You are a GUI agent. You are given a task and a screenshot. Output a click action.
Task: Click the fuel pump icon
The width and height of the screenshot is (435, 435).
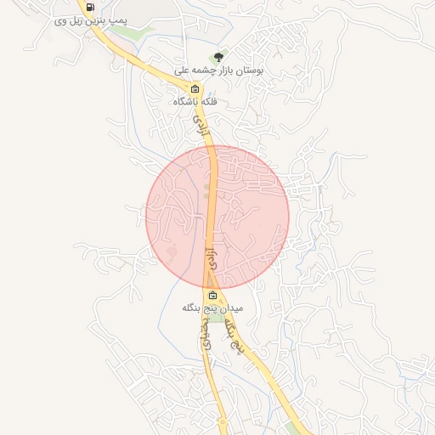tap(90, 8)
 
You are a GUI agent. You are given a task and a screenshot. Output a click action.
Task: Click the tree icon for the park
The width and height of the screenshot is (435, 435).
tap(220, 58)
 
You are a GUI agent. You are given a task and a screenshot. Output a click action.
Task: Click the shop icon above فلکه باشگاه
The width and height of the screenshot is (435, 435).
tap(195, 88)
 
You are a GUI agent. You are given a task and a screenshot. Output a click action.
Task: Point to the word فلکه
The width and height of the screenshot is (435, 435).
tap(209, 102)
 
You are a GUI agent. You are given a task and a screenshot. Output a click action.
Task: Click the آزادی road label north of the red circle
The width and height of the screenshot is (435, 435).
tap(202, 129)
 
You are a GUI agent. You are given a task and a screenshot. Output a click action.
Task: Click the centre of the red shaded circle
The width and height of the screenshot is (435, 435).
tap(217, 217)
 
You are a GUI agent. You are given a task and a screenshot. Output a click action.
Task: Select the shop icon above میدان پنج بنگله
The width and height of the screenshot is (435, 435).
tap(212, 295)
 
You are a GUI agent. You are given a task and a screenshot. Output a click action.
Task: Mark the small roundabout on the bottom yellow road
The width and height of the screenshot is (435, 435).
tap(223, 421)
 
